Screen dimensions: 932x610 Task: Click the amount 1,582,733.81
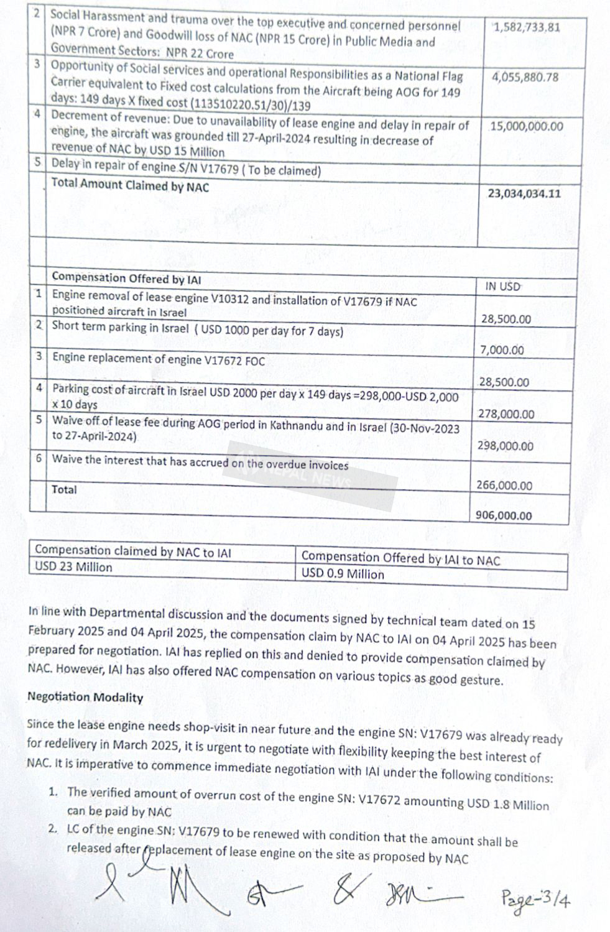[526, 27]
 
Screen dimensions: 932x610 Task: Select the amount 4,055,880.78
[525, 77]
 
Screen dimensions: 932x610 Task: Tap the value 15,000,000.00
[526, 126]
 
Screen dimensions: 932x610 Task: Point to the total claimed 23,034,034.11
[524, 193]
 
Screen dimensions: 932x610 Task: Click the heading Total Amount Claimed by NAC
[130, 185]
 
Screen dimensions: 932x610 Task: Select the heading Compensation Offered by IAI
[126, 279]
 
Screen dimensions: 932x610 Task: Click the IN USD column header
[502, 287]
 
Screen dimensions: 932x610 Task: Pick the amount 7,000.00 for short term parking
[502, 350]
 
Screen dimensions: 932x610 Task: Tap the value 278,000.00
[506, 414]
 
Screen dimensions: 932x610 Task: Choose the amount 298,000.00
[505, 446]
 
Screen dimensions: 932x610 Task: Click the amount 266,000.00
[504, 486]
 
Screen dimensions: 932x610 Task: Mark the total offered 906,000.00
[504, 515]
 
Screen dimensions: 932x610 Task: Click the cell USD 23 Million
[73, 567]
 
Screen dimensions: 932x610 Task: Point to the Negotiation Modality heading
[85, 697]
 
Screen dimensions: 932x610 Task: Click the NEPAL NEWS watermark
[311, 476]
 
